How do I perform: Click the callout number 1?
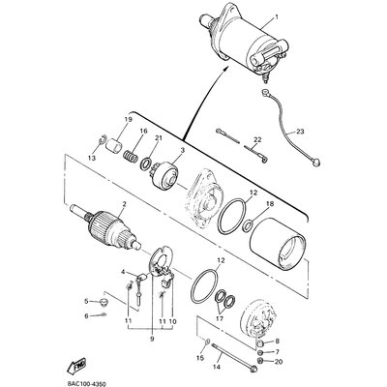click(276, 15)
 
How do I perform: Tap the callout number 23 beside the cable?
click(300, 132)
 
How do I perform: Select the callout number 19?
click(129, 120)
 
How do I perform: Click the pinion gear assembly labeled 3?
click(165, 176)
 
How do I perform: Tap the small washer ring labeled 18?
click(248, 224)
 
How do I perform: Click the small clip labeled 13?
click(102, 140)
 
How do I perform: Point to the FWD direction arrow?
click(76, 365)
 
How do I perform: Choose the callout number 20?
click(279, 362)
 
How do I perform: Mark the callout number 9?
click(152, 339)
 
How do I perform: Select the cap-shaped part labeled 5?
click(104, 302)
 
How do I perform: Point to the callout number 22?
click(257, 139)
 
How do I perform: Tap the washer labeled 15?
click(208, 342)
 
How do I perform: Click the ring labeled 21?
click(147, 164)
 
